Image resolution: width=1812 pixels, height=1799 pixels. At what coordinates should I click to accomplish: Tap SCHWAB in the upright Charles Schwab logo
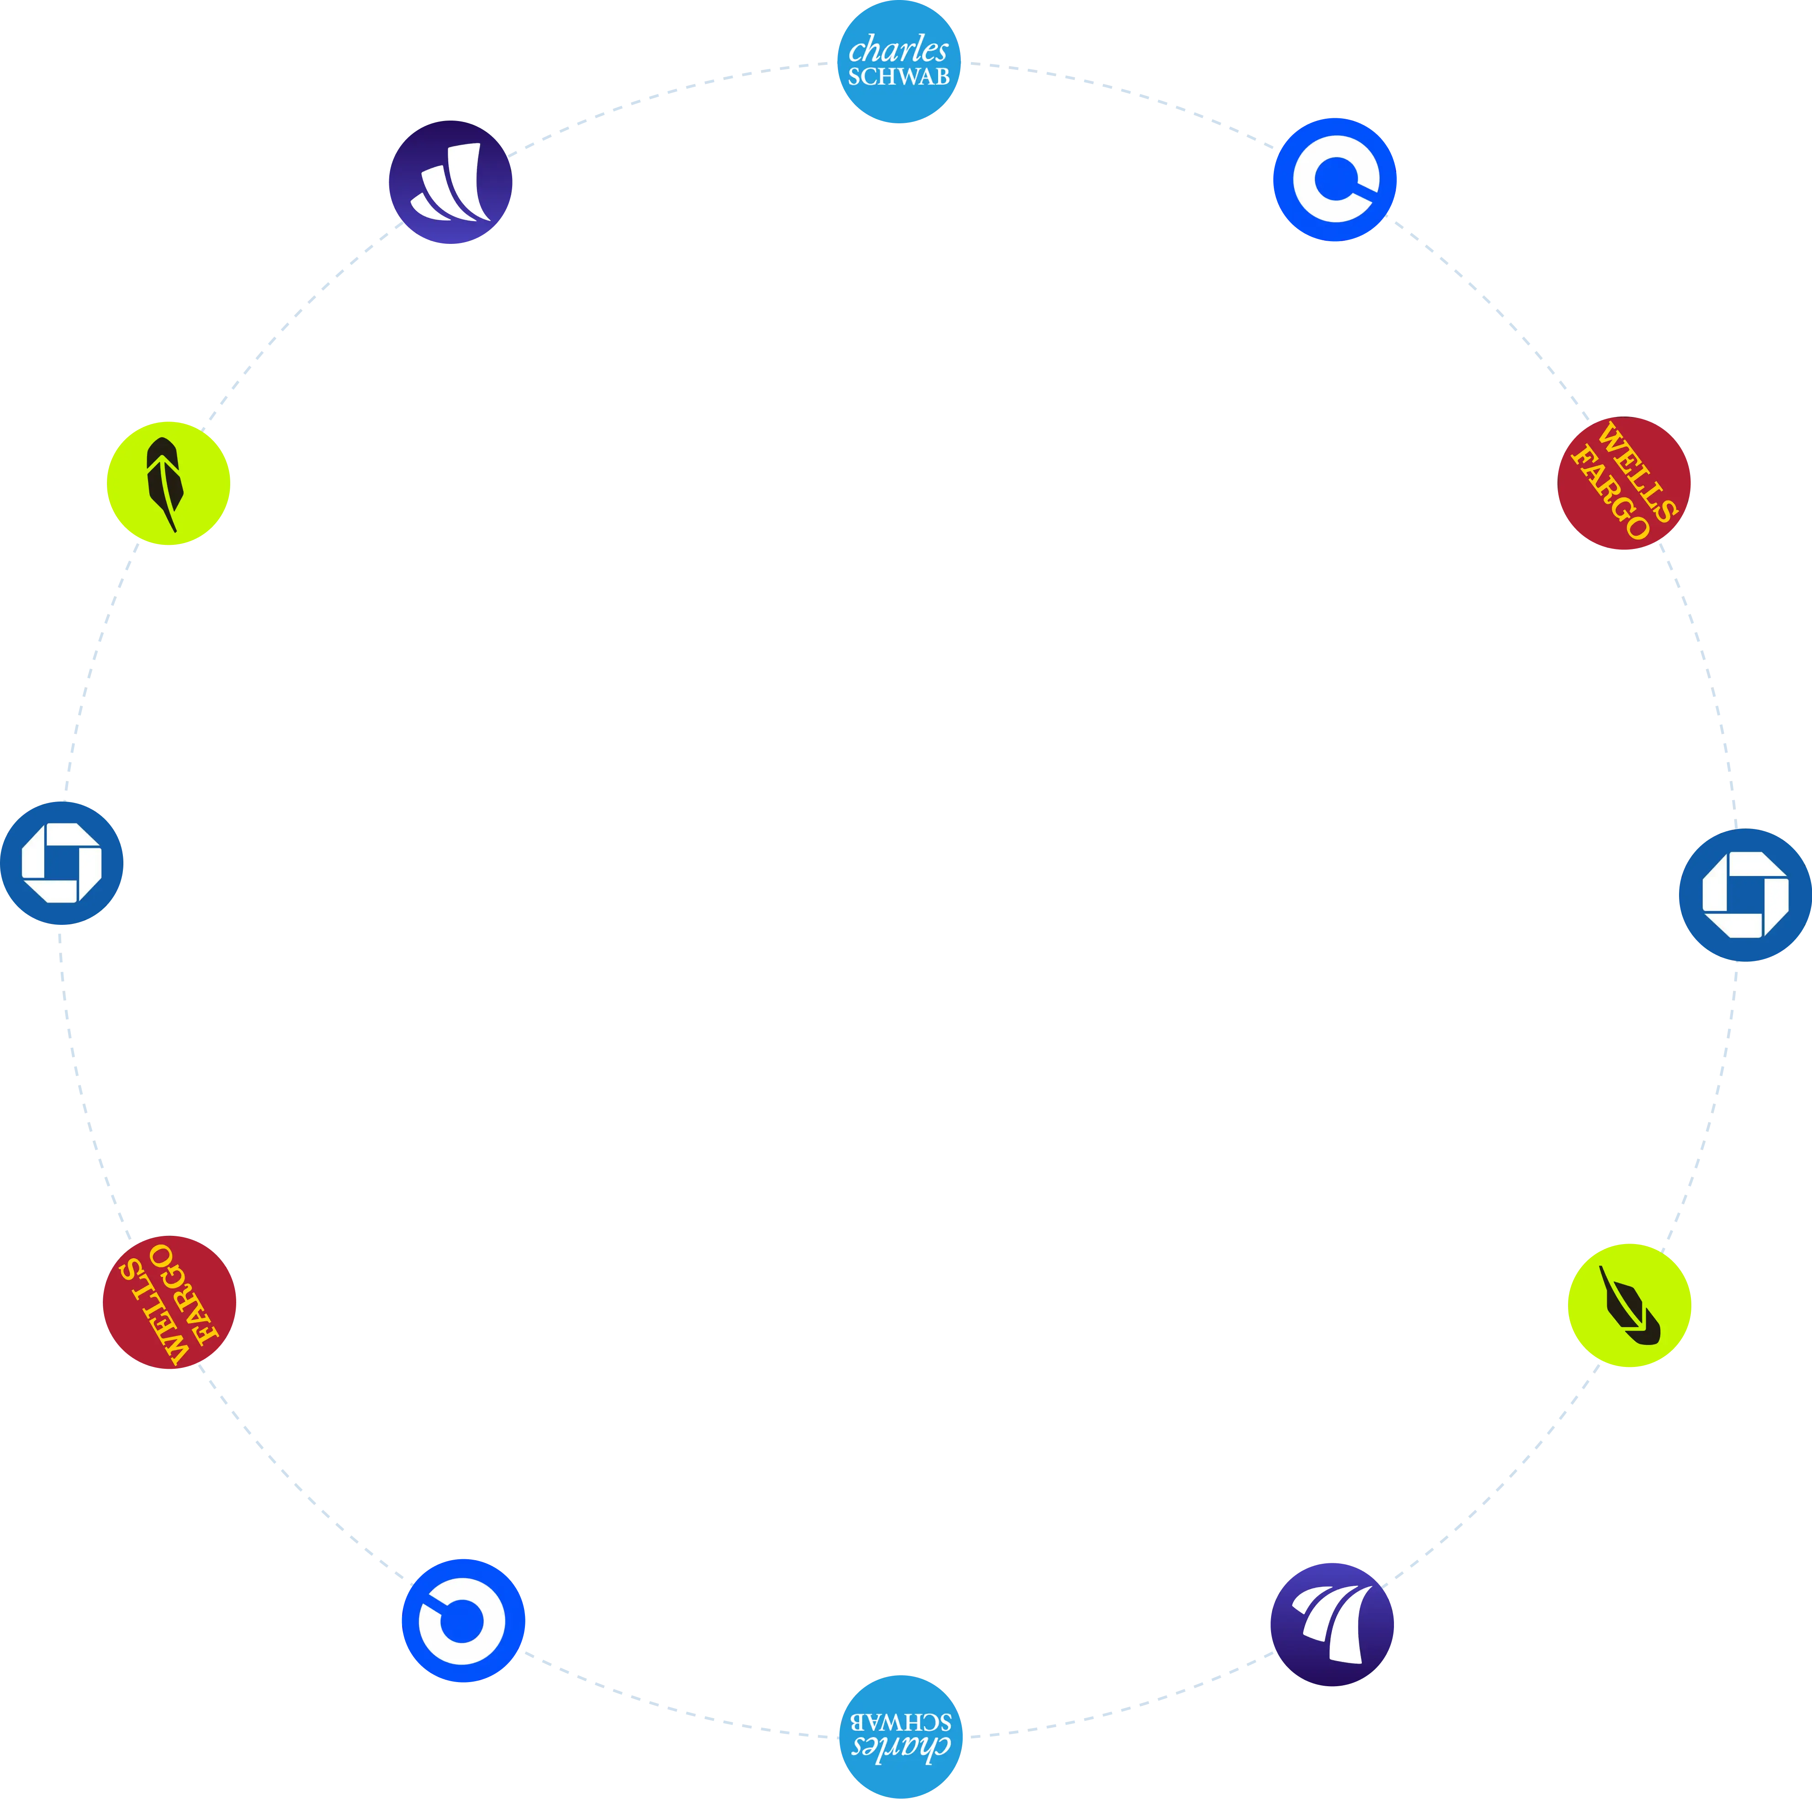(x=899, y=77)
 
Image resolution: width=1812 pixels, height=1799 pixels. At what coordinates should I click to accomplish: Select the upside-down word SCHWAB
(x=901, y=1721)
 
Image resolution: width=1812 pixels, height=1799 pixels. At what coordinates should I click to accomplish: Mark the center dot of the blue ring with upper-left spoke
(x=461, y=1621)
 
